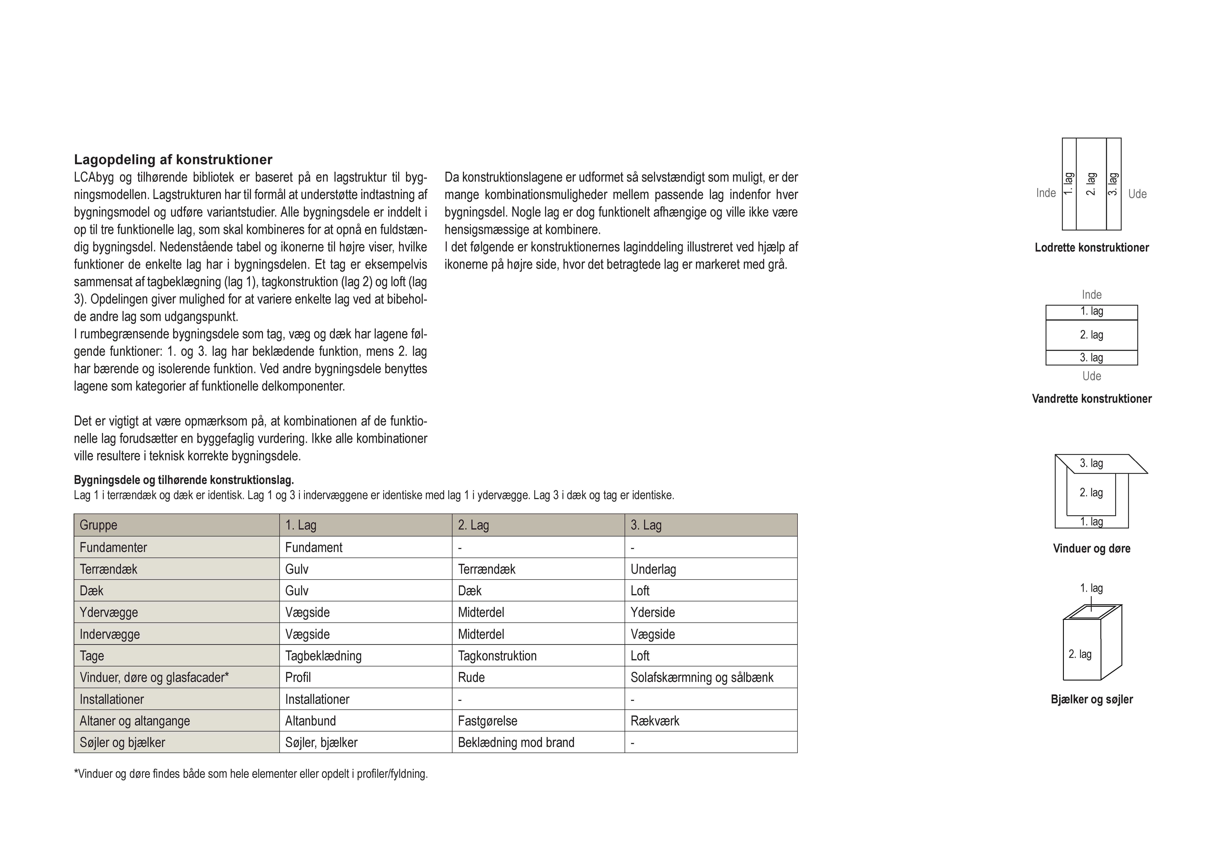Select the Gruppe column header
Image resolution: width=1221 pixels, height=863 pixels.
tap(98, 525)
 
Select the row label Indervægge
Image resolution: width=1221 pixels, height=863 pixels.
tap(109, 634)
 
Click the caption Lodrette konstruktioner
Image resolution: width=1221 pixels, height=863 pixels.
tap(1091, 248)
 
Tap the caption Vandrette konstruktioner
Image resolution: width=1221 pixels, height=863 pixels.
tap(1091, 399)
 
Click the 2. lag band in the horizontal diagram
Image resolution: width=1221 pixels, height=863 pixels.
tap(1091, 335)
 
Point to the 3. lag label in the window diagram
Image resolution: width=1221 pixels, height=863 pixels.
tap(1091, 463)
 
